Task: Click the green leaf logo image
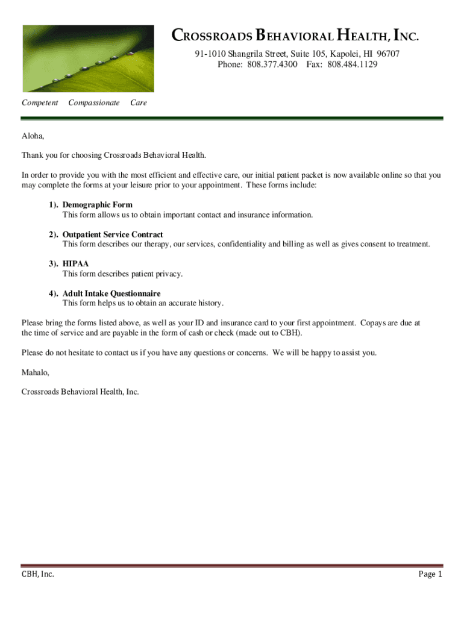[x=88, y=58]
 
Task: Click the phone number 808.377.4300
[x=272, y=64]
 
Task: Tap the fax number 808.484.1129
[x=353, y=64]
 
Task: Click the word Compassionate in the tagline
[x=94, y=103]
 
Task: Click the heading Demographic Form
[x=97, y=205]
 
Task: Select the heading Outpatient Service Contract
[x=113, y=234]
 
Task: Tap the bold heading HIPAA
[x=75, y=264]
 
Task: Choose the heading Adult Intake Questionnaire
[x=111, y=293]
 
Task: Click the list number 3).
[x=54, y=264]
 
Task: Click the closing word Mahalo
[x=35, y=372]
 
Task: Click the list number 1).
[x=54, y=205]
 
